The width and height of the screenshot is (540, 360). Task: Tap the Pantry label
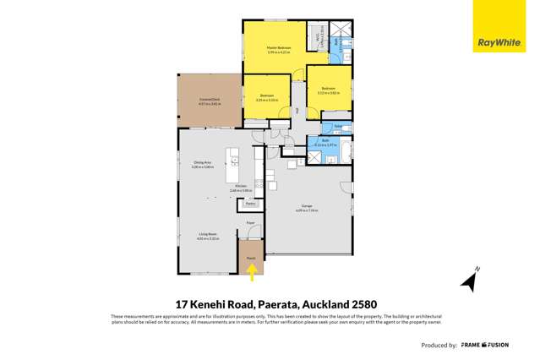click(250, 204)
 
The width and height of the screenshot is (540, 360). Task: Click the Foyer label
click(250, 223)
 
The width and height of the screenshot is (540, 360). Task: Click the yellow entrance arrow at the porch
click(250, 271)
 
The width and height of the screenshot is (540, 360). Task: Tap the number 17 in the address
click(182, 303)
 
